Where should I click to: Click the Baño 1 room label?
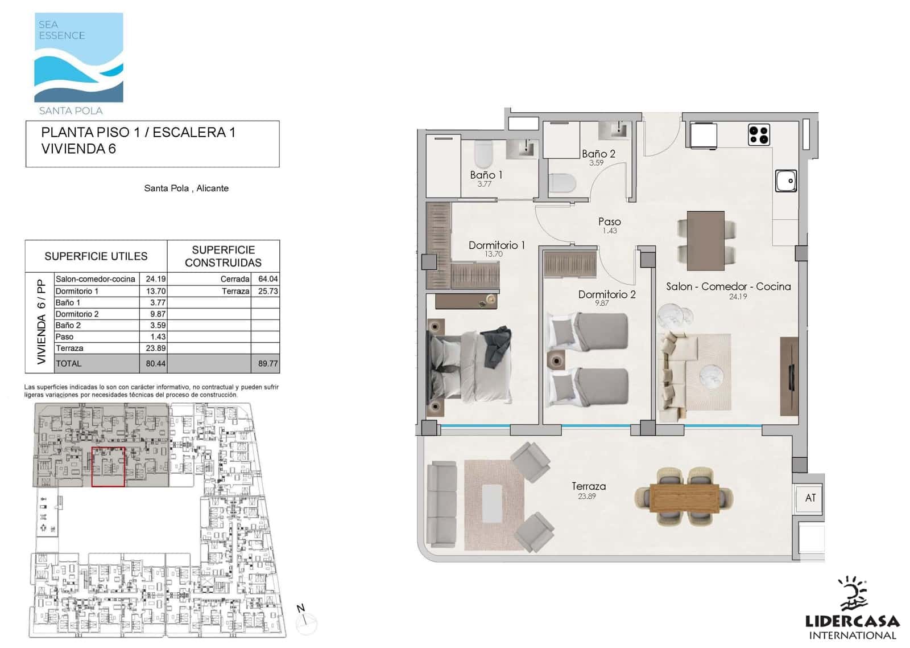point(486,175)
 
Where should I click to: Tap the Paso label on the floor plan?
point(609,222)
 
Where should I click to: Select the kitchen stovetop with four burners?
point(759,135)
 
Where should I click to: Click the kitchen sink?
point(786,181)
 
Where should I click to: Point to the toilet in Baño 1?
point(483,154)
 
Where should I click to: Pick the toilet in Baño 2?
point(562,183)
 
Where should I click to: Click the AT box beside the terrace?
point(810,498)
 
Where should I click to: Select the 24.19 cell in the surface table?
point(156,279)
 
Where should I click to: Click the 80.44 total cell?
point(156,364)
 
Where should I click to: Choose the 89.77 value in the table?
point(268,364)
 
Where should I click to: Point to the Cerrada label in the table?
point(235,279)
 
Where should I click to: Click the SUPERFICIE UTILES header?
point(96,256)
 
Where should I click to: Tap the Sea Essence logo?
point(79,63)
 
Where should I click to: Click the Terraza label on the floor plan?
point(588,486)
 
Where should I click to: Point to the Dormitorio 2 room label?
point(606,294)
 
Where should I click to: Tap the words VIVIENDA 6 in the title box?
point(78,149)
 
